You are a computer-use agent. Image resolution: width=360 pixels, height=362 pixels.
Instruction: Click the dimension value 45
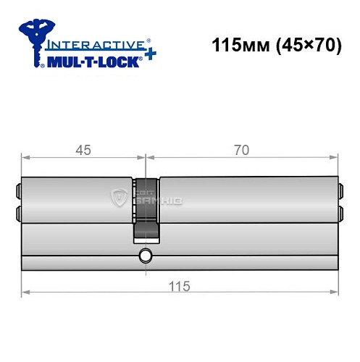point(82,150)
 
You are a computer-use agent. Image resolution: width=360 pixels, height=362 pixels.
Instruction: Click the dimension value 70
point(242,150)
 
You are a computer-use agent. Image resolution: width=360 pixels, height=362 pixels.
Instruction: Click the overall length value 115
point(180,285)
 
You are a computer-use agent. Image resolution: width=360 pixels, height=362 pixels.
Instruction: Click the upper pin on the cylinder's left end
point(17,192)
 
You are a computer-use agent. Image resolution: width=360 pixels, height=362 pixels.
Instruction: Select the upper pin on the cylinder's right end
point(340,192)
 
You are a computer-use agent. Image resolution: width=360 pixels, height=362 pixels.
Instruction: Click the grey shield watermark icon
point(120,196)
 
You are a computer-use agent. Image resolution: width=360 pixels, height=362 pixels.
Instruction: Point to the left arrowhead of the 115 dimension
point(24,292)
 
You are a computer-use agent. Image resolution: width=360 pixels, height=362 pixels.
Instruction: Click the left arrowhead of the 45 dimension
point(24,157)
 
